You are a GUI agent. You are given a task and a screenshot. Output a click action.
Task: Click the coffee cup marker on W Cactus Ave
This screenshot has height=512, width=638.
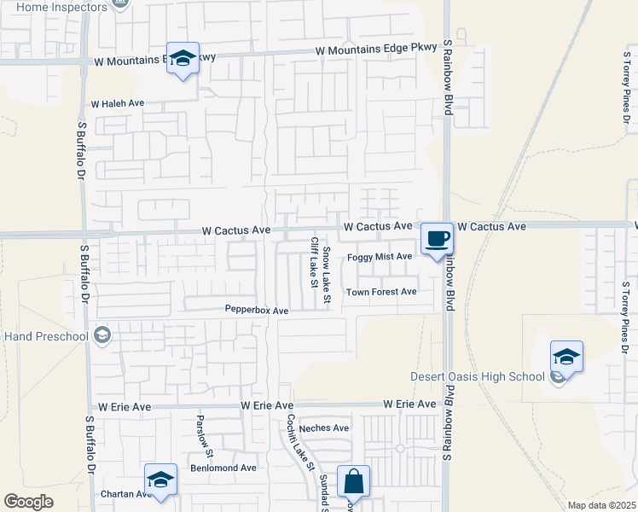click(438, 238)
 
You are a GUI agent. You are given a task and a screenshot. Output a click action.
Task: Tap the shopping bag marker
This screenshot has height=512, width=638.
click(354, 482)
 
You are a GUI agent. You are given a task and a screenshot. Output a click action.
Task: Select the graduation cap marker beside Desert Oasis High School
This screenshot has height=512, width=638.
click(566, 357)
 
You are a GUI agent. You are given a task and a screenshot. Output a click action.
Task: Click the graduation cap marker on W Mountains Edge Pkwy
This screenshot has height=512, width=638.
click(183, 59)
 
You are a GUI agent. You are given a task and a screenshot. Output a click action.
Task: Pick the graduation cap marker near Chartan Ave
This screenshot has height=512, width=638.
click(160, 480)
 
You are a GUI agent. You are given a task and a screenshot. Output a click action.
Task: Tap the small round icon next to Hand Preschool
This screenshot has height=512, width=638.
click(103, 335)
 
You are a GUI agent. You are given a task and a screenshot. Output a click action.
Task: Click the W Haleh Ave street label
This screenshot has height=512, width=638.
click(118, 103)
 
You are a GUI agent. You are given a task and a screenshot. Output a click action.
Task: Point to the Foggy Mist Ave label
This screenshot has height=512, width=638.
click(380, 257)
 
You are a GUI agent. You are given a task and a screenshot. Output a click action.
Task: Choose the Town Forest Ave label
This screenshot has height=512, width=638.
click(380, 292)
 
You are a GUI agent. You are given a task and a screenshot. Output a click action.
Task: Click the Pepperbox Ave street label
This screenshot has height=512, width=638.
click(257, 310)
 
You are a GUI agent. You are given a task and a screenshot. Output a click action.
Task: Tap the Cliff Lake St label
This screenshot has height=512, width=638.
click(313, 262)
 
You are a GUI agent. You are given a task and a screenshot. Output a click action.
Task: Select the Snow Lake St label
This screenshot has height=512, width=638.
click(327, 274)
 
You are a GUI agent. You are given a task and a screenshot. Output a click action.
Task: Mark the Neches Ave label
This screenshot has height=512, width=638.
click(324, 428)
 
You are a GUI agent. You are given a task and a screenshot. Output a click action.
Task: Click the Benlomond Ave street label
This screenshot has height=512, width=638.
click(223, 468)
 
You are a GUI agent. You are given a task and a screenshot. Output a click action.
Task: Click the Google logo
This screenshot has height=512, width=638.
click(28, 502)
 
